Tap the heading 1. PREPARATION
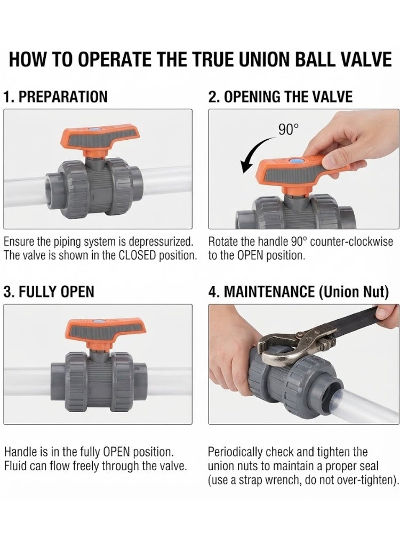(x=55, y=97)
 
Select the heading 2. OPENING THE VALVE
(x=281, y=97)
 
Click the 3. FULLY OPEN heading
(x=49, y=292)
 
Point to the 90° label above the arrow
(x=289, y=130)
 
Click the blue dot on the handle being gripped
(x=295, y=162)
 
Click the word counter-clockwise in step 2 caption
(x=351, y=242)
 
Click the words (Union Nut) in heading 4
(x=354, y=292)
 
